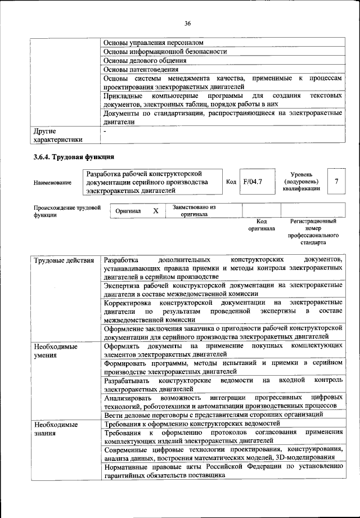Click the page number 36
[187, 23]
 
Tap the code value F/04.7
[253, 182]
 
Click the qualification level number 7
[336, 182]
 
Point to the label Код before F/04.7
[231, 182]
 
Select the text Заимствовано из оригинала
[194, 210]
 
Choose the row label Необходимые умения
[55, 350]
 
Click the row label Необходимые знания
[55, 428]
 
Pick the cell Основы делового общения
[145, 60]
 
